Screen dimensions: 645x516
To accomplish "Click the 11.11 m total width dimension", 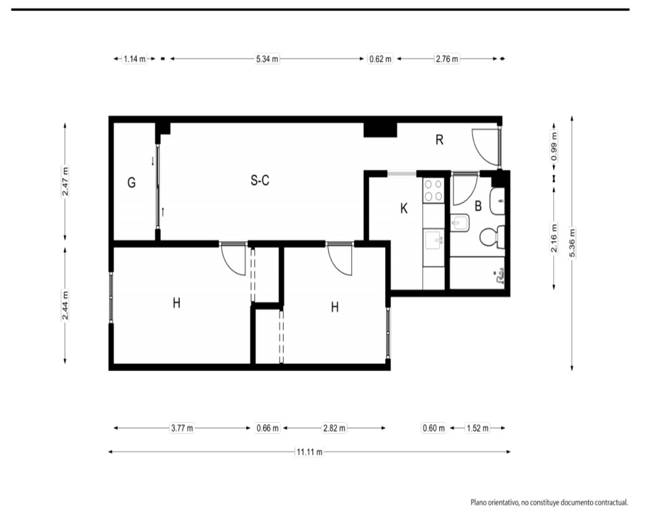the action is point(310,451).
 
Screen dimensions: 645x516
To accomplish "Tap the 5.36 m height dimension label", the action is point(571,243).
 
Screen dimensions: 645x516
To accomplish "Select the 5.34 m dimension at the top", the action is point(267,59).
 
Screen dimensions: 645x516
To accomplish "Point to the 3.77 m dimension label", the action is point(182,428).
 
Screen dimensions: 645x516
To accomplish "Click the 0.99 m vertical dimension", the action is point(554,146).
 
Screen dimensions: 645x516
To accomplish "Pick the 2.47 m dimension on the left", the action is point(65,181).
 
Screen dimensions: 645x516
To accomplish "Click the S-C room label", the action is point(260,180).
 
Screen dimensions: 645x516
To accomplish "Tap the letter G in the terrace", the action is point(132,183).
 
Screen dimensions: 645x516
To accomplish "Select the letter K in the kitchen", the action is point(404,208).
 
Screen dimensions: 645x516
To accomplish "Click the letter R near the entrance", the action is point(439,140).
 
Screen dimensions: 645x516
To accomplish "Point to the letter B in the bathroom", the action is point(478,206).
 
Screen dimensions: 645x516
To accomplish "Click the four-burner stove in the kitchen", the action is point(433,190).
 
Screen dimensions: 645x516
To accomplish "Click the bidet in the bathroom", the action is point(459,223).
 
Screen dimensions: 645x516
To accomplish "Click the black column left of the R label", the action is point(380,130).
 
